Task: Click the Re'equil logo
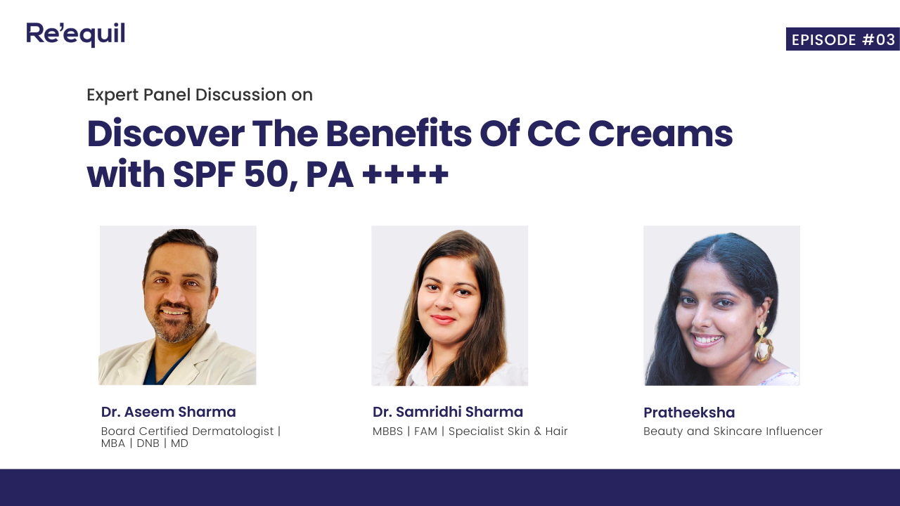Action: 75,34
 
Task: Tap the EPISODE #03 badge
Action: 842,39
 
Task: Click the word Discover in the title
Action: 165,134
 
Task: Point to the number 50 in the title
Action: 264,176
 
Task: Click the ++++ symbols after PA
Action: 406,176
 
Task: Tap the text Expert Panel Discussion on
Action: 200,95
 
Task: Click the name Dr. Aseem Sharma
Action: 168,412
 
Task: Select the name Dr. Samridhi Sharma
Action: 447,412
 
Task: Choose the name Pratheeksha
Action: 688,413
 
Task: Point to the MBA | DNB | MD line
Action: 144,443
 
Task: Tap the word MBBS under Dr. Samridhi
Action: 387,431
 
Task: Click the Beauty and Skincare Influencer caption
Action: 733,431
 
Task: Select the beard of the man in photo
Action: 173,330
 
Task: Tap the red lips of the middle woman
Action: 443,320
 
